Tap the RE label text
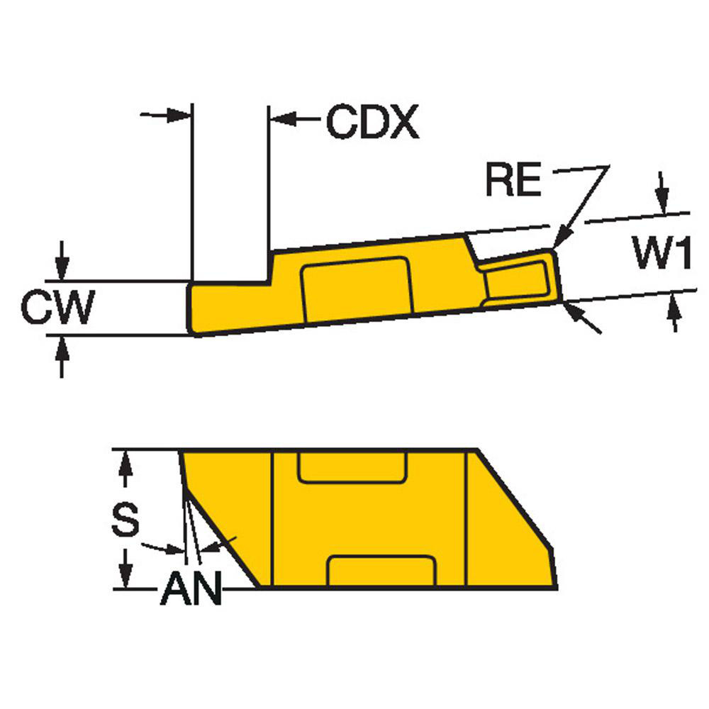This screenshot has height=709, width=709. click(514, 181)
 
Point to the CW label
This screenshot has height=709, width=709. click(57, 308)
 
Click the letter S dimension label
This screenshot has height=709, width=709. click(126, 520)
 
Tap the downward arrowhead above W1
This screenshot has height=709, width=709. click(662, 202)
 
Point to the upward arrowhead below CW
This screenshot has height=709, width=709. click(63, 347)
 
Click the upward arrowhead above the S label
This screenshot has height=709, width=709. click(125, 464)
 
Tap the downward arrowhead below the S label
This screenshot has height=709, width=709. click(125, 574)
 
